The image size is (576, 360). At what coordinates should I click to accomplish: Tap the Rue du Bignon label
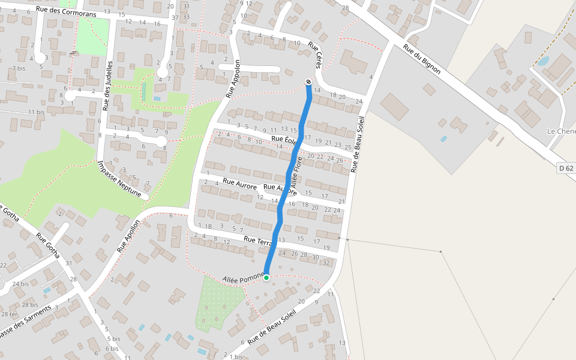pos(422,59)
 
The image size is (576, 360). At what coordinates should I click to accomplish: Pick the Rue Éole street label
pos(284,140)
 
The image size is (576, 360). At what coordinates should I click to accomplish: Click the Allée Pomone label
pos(243,278)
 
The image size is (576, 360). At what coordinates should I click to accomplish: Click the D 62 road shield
pos(565,167)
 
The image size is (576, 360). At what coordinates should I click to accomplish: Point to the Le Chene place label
pos(561,131)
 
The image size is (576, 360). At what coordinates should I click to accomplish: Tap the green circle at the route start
pos(266,277)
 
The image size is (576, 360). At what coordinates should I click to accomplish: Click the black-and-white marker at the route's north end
pos(308,82)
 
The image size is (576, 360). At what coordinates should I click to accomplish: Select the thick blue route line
pos(288,180)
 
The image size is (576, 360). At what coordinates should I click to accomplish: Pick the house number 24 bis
pos(20,284)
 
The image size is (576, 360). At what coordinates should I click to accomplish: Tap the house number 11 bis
pos(37,112)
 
